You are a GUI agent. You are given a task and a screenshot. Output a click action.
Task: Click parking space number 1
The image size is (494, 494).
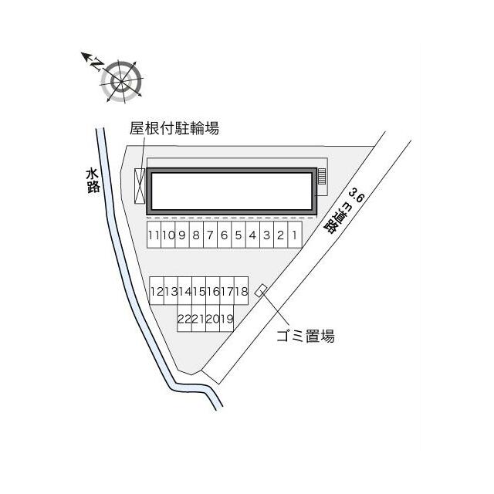(x=295, y=235)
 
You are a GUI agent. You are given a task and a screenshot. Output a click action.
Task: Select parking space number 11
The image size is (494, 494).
(x=154, y=235)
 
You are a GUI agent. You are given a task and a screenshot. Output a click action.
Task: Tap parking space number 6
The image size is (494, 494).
(x=225, y=235)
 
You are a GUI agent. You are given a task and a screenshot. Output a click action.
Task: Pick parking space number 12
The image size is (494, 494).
(x=157, y=291)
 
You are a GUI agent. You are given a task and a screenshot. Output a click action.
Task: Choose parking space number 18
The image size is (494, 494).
(x=242, y=291)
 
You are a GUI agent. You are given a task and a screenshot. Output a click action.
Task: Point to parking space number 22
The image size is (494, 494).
(x=184, y=318)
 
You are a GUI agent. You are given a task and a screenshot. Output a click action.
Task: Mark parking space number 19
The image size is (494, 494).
(x=226, y=318)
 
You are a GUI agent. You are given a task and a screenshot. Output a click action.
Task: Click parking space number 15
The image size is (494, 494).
(x=199, y=291)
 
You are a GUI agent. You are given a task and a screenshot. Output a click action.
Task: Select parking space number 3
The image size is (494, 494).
(x=266, y=235)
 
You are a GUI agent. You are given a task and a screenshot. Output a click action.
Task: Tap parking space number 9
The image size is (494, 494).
(x=182, y=235)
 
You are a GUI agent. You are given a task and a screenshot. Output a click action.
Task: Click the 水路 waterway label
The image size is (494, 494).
(x=93, y=181)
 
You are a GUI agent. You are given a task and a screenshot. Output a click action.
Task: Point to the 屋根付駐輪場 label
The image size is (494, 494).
(x=174, y=128)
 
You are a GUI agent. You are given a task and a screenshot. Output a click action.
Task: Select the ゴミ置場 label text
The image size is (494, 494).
(x=306, y=336)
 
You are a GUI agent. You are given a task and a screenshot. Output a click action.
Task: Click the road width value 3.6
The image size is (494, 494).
(x=357, y=195)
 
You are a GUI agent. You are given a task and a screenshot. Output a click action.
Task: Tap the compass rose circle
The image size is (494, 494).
(x=122, y=82)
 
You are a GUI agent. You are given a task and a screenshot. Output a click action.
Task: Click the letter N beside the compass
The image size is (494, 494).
(x=96, y=64)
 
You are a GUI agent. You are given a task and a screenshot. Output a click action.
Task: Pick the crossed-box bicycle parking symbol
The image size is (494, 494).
(x=140, y=186)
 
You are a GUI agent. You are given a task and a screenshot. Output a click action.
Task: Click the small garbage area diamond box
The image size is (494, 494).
(x=261, y=290)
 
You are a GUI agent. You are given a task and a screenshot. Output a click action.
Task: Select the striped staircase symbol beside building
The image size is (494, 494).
(x=322, y=177)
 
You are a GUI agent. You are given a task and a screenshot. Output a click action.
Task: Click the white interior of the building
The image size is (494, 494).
(x=232, y=191)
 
